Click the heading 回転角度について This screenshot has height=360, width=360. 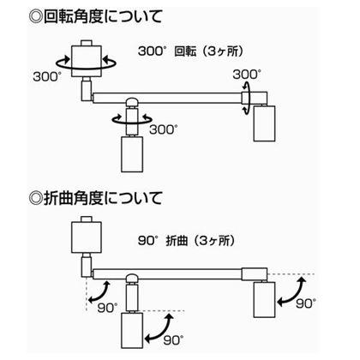coord(103,17)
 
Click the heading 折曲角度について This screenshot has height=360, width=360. coord(103,198)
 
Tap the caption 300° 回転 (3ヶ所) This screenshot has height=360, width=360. coord(191,51)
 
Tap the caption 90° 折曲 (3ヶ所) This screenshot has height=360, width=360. coord(187,241)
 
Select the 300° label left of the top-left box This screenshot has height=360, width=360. coord(47,76)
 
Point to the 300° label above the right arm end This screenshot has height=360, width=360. coord(247,75)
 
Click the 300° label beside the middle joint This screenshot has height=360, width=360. coord(164,129)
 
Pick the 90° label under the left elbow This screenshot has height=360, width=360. coord(107,308)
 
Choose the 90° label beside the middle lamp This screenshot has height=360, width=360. coord(173,340)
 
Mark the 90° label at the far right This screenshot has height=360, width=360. coord(306,303)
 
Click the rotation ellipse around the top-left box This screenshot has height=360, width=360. coord(86,69)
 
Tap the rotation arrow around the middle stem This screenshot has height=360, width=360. coord(132,123)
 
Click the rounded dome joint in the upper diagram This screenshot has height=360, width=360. coord(132,102)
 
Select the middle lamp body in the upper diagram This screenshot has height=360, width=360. coord(132,154)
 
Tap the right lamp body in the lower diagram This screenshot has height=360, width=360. coord(265,300)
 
